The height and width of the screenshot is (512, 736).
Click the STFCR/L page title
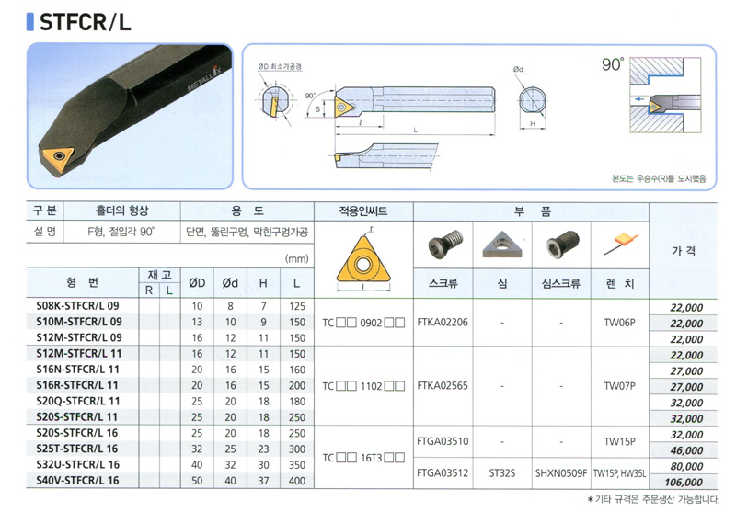point(85,22)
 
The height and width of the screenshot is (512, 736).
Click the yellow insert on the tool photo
point(58,157)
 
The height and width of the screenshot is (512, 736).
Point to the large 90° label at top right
point(613,64)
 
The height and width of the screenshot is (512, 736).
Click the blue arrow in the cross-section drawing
point(638,99)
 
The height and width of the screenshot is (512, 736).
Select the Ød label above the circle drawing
point(518,69)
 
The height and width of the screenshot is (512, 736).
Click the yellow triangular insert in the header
point(362,260)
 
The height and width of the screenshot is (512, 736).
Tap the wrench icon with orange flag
point(620,244)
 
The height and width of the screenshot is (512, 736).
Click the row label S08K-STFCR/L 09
point(77,306)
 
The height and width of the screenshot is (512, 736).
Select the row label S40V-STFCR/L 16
point(77,480)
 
